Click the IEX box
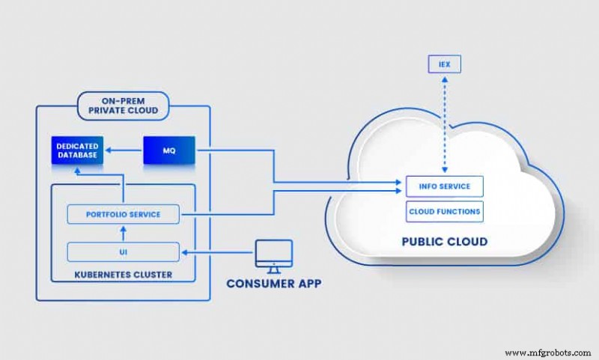[x=445, y=64]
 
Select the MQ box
[x=168, y=150]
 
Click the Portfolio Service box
[x=124, y=214]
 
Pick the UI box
[x=124, y=251]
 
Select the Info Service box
[x=444, y=186]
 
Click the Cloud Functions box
[x=444, y=212]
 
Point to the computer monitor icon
[x=272, y=254]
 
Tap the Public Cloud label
[x=443, y=242]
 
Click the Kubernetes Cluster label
[x=124, y=275]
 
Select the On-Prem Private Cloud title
[x=123, y=106]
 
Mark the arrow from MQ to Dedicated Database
[x=124, y=150]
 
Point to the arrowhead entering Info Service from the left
[x=398, y=182]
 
